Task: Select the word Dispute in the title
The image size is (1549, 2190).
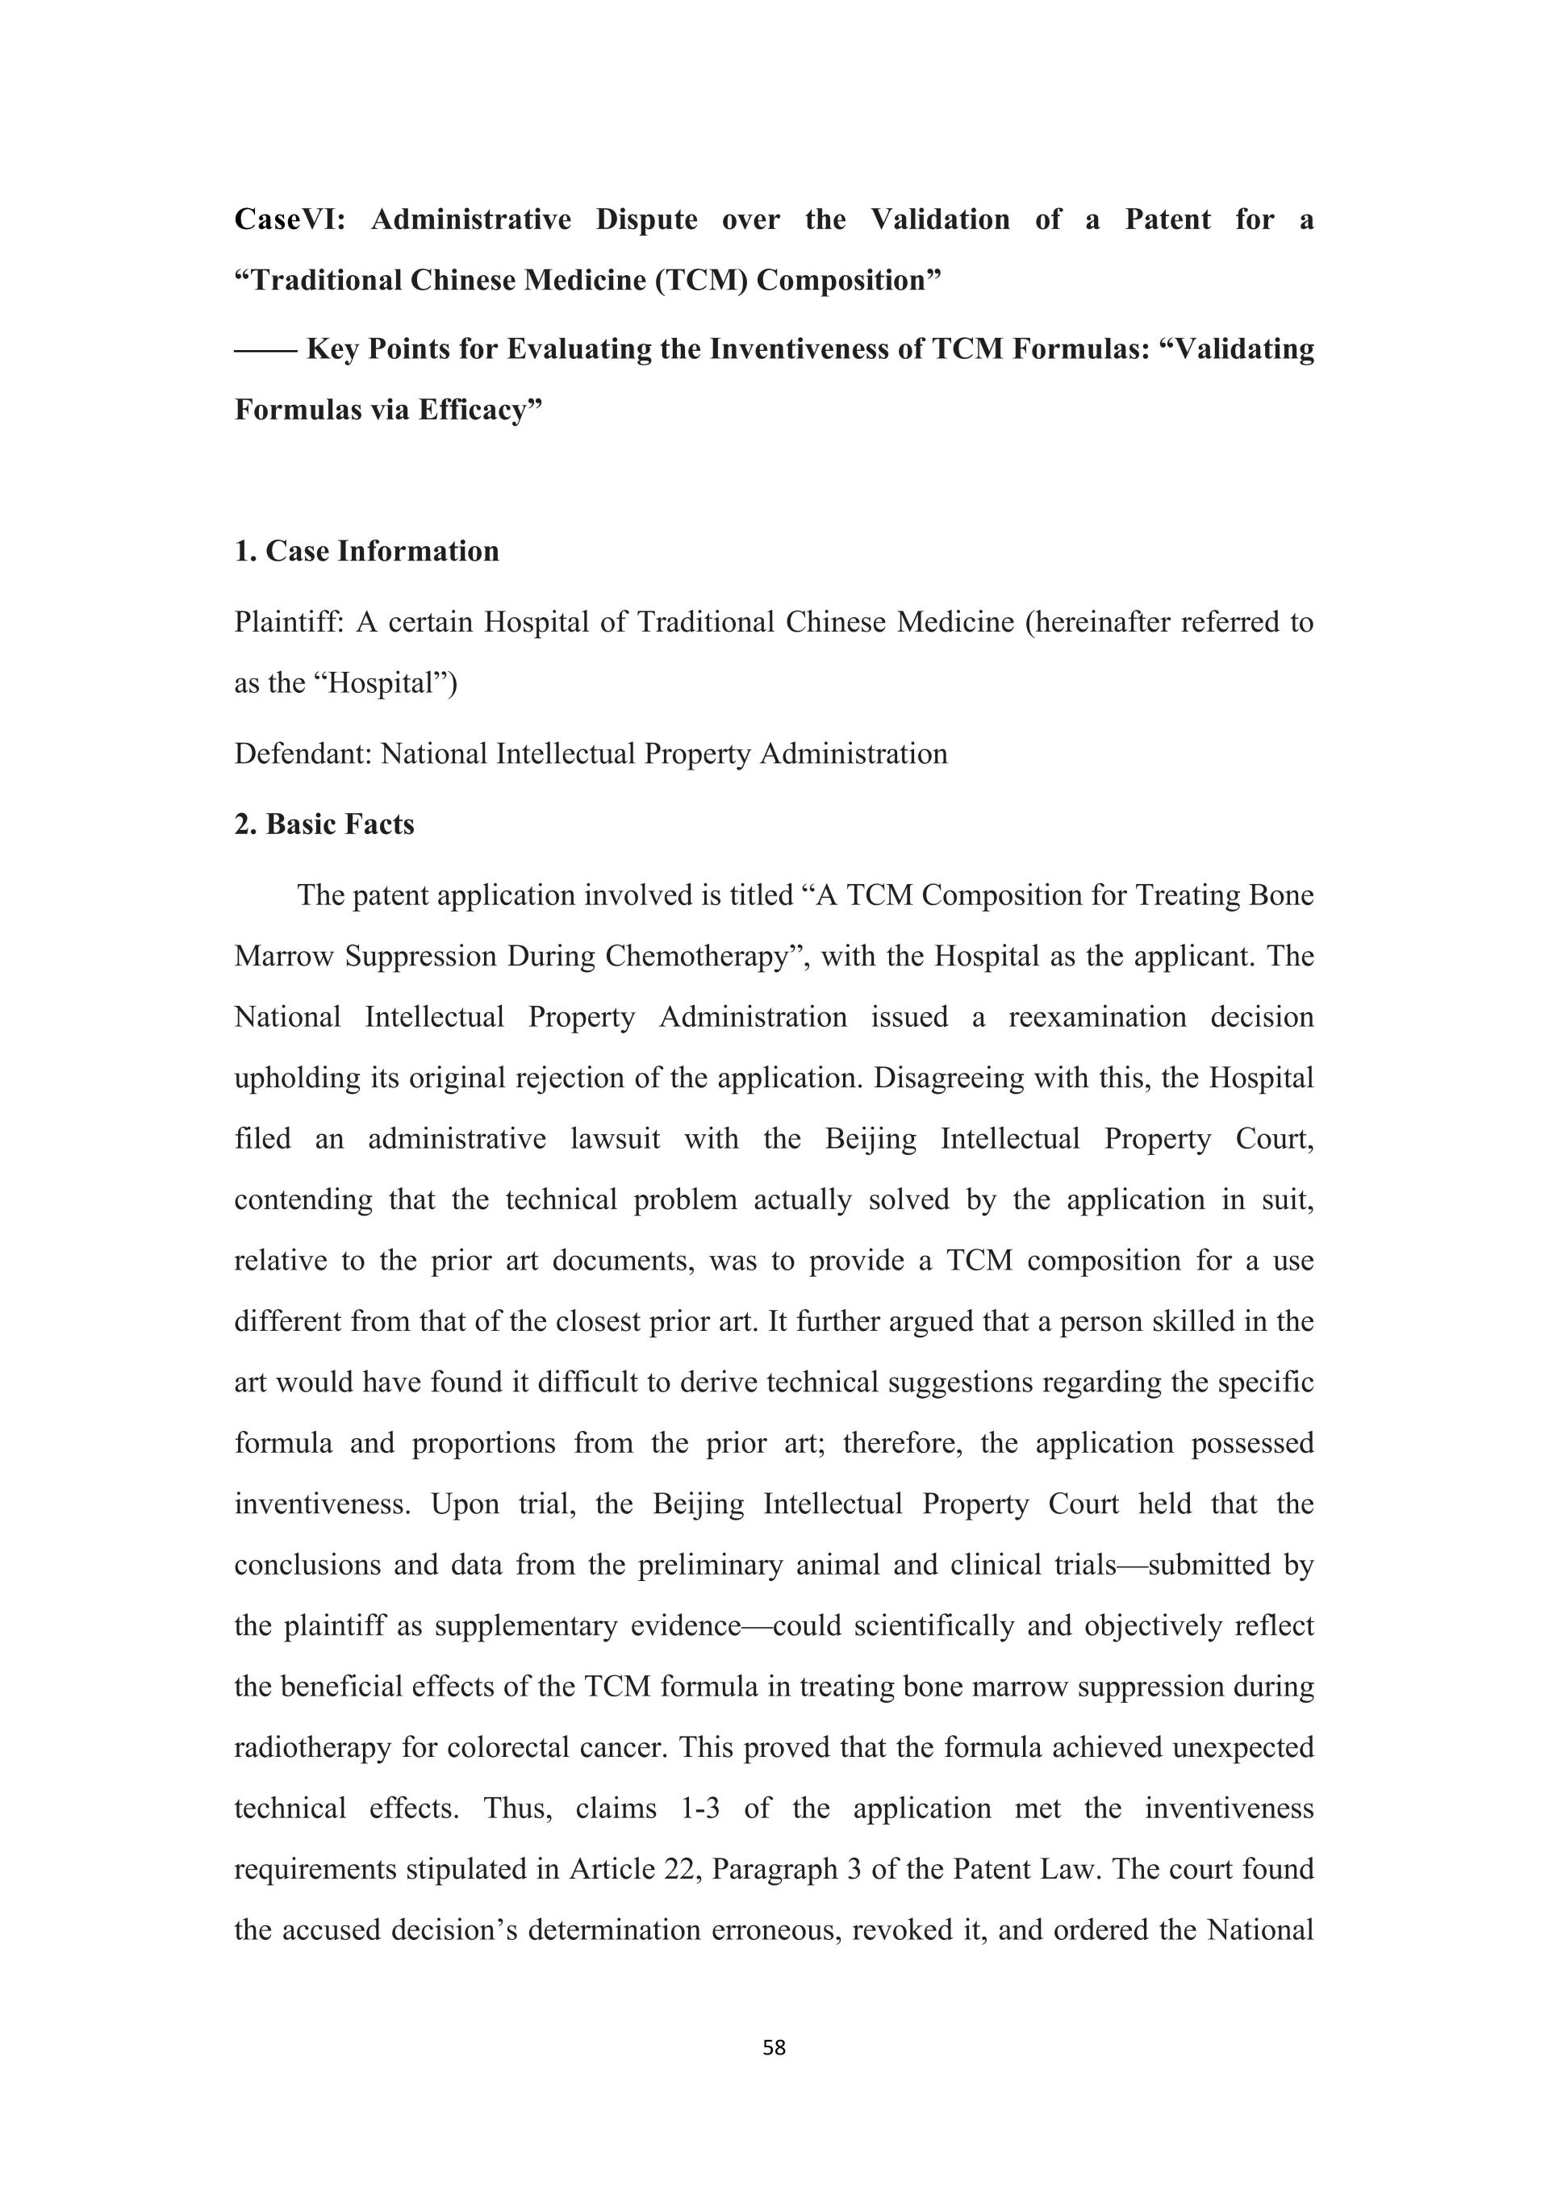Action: coord(647,220)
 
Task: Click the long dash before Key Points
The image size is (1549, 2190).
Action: coord(265,350)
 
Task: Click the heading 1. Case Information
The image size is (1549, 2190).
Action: coord(367,551)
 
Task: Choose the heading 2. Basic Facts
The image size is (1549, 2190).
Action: coord(324,824)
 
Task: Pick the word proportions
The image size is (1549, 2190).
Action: coord(483,1443)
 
